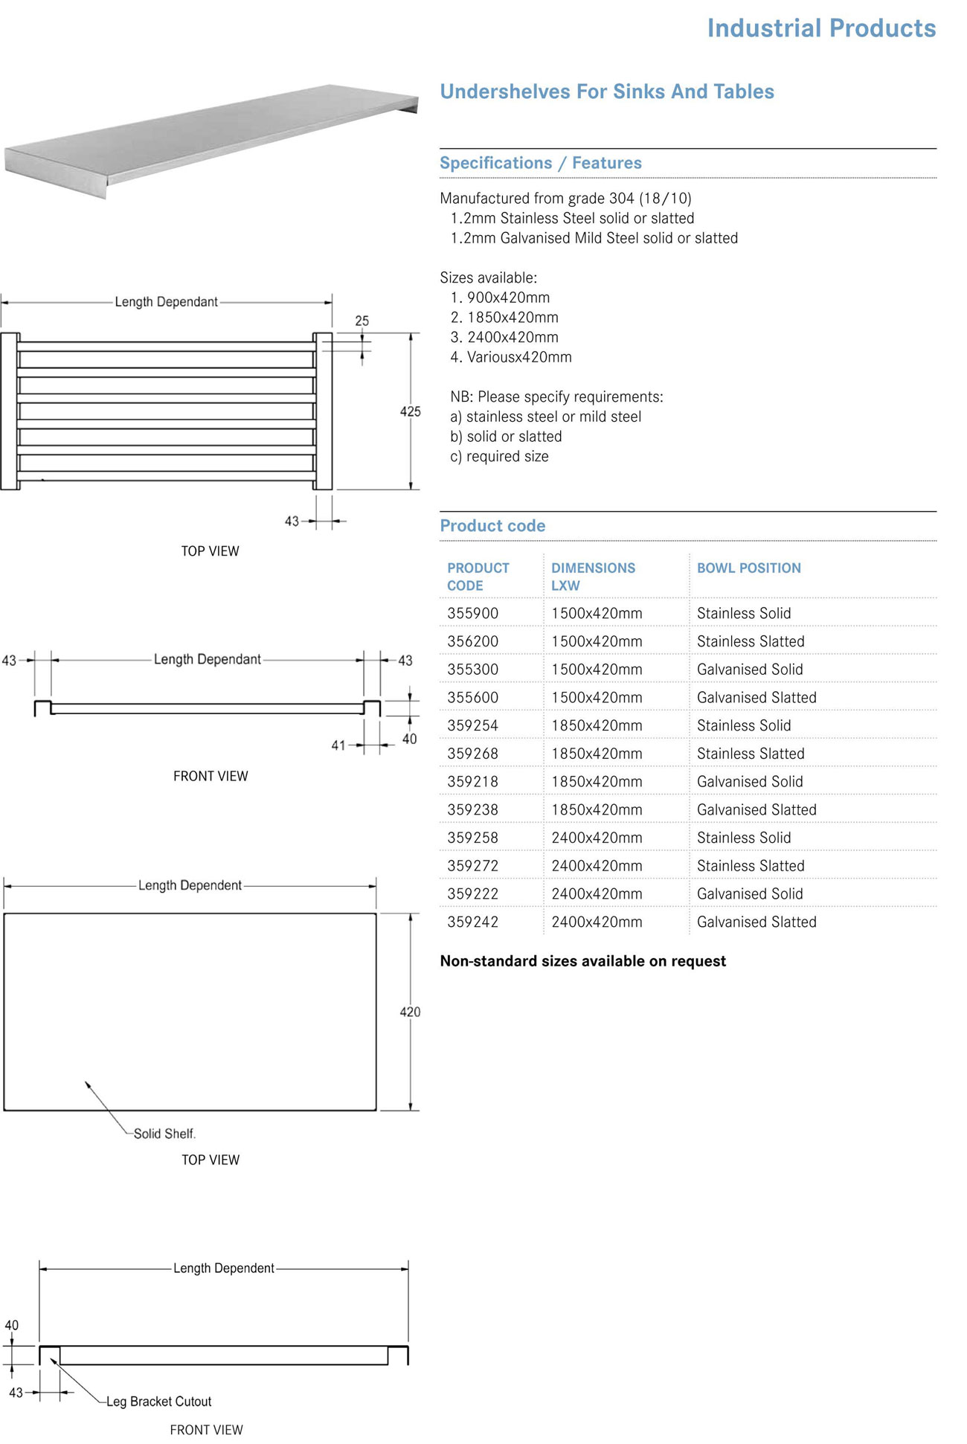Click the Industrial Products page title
820,28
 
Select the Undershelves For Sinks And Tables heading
606,92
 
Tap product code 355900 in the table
472,614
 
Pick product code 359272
472,866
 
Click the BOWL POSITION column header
748,568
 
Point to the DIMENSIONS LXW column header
593,577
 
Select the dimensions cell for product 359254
597,725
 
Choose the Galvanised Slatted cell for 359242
756,922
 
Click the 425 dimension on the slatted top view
410,411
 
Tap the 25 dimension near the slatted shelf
362,321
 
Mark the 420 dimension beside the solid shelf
410,1012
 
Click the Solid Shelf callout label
164,1134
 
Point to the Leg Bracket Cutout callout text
158,1402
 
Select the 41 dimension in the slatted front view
338,745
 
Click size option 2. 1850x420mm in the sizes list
504,318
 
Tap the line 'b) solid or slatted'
506,437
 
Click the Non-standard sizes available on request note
582,961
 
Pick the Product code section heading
492,526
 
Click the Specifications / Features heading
540,163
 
